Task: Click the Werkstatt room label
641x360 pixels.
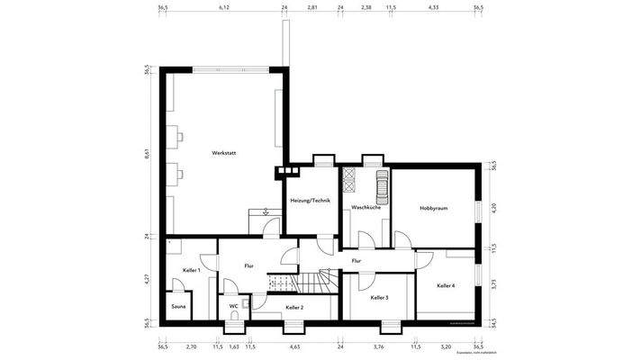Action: coord(223,154)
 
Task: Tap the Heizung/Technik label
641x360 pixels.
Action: coord(310,200)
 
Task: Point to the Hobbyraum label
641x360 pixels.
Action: coord(433,208)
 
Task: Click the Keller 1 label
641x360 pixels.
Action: coord(191,270)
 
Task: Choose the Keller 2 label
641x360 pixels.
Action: coord(294,308)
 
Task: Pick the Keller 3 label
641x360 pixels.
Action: coord(380,297)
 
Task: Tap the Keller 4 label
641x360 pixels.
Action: coord(446,285)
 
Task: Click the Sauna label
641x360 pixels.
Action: coord(178,307)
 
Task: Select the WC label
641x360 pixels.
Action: coord(233,306)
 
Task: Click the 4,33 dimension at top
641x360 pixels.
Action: coord(433,7)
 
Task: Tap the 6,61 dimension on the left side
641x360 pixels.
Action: coord(148,154)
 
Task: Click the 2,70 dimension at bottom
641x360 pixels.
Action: coord(191,346)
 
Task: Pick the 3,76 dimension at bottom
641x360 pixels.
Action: coord(379,346)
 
